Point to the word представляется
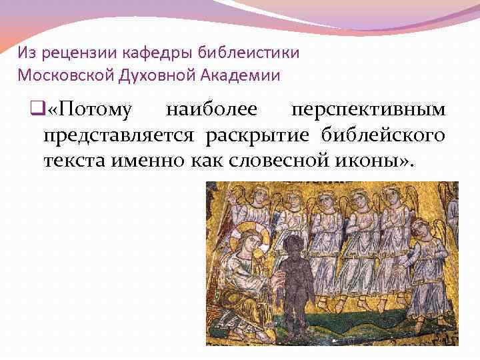pyautogui.click(x=119, y=135)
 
